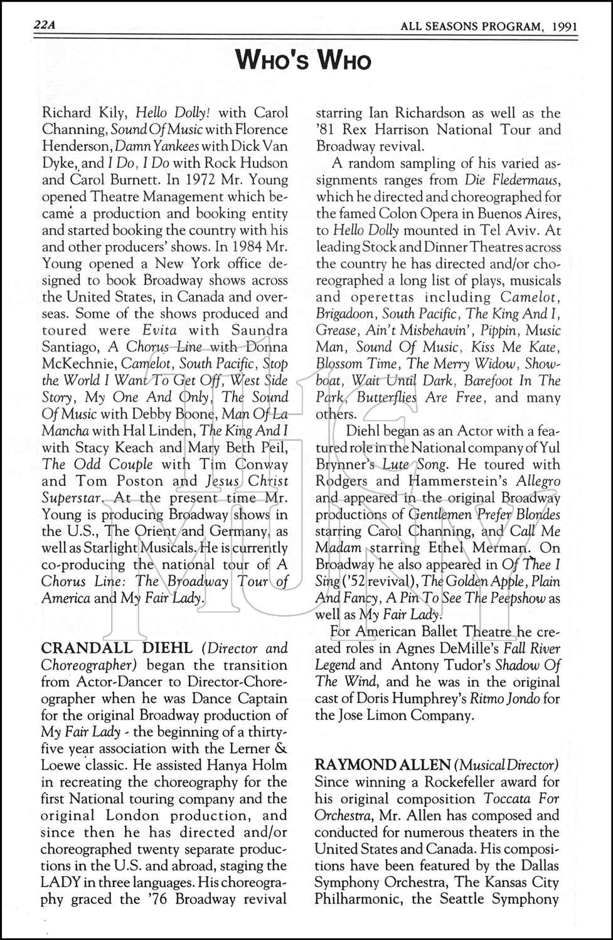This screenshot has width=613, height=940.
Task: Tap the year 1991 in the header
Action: [565, 26]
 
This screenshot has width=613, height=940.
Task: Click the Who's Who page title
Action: [304, 61]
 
